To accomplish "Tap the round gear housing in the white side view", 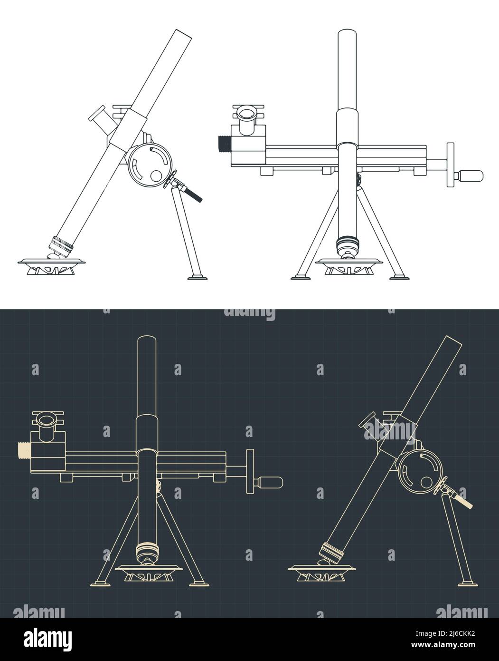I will click(149, 165).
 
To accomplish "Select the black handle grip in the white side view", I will click(194, 195).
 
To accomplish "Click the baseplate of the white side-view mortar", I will click(52, 262).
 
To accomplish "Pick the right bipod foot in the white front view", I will click(398, 276).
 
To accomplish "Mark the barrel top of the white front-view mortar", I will click(347, 34).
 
